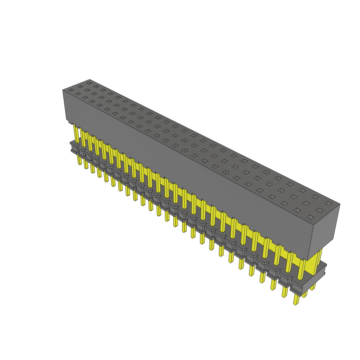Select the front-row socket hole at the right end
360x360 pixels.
pyautogui.click(x=310, y=217)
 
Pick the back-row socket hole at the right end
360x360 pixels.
pyautogui.click(x=328, y=203)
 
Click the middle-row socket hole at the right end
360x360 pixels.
pyautogui.click(x=319, y=210)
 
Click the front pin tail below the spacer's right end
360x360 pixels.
pyautogui.click(x=296, y=299)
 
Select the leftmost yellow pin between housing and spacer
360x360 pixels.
pyautogui.click(x=76, y=133)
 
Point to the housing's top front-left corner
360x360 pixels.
pyautogui.click(x=63, y=90)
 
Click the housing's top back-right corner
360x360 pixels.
pyautogui.click(x=340, y=204)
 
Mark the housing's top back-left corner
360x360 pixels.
pyautogui.click(x=90, y=79)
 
